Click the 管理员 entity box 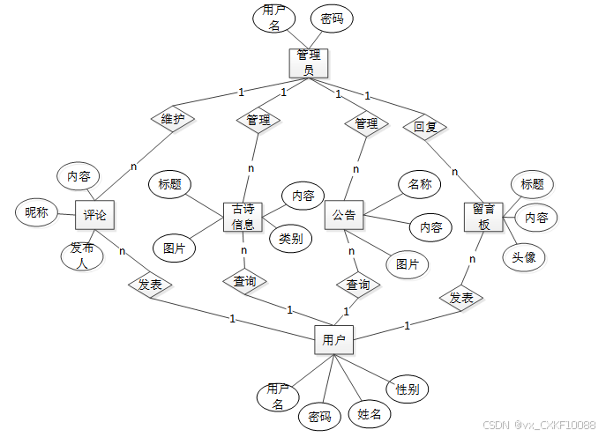(308, 63)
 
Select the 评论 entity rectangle (94, 216)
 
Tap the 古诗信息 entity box (243, 216)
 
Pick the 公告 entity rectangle (344, 215)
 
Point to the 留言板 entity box (482, 217)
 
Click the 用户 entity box (333, 339)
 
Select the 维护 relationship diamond (172, 118)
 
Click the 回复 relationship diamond (425, 126)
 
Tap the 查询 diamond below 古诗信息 (244, 281)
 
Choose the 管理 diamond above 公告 (366, 122)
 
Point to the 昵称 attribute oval (37, 212)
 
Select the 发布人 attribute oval (83, 256)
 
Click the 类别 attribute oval (290, 238)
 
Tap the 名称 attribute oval (420, 184)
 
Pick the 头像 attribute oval (524, 257)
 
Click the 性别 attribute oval (407, 389)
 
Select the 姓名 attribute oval (369, 413)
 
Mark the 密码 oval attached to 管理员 (332, 18)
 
